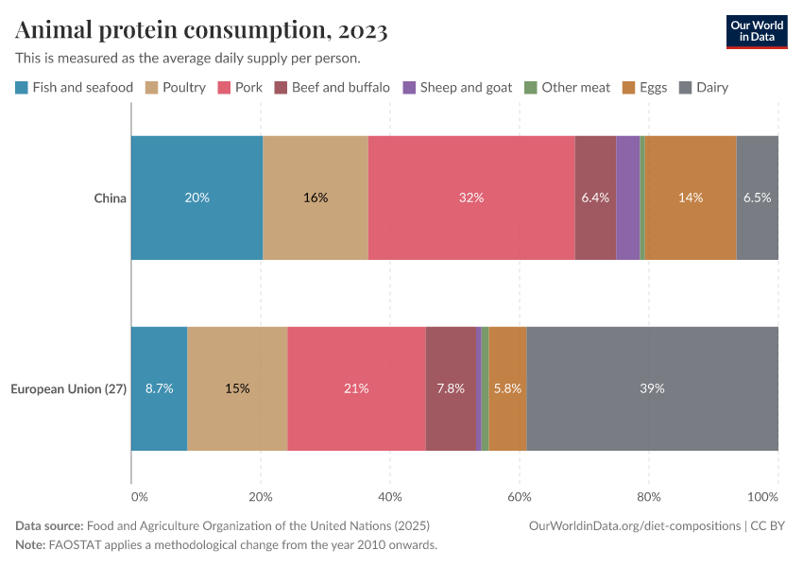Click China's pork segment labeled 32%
tap(471, 198)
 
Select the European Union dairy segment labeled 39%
tap(652, 388)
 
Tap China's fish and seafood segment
tap(196, 198)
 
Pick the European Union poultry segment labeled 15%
tap(237, 388)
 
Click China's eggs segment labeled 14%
tap(691, 198)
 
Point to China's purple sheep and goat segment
tap(627, 198)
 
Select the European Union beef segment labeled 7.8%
tap(451, 388)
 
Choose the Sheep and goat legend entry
tap(457, 88)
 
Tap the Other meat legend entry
tap(568, 88)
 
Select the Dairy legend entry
tap(704, 88)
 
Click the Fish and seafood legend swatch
tap(22, 88)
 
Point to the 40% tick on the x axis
tap(390, 496)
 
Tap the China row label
tap(110, 198)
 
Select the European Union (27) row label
tap(68, 388)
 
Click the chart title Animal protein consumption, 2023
tap(201, 30)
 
